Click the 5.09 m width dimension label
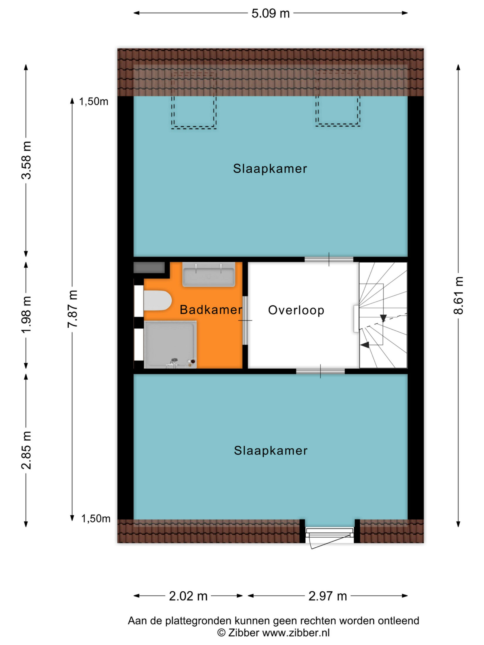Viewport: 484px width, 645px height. [270, 13]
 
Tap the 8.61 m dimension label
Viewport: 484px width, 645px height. [458, 295]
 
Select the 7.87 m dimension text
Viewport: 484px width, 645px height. [72, 308]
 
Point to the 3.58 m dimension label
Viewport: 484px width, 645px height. [26, 160]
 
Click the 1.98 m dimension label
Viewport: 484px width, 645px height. [26, 315]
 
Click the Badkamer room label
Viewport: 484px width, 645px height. [211, 310]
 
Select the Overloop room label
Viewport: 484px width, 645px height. [296, 310]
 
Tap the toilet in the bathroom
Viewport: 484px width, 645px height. [158, 301]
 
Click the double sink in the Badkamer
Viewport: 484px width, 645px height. [209, 274]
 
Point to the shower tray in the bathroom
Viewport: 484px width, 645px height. [170, 344]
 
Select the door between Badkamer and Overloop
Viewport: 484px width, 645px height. [245, 320]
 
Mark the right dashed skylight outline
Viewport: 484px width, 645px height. [338, 99]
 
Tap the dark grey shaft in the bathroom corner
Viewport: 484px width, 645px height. [149, 268]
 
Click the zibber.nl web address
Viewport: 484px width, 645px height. [296, 633]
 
